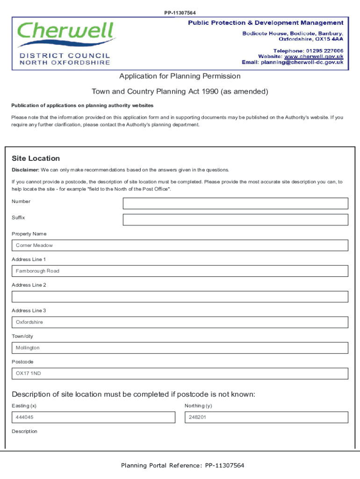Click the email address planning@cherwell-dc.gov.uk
click(302, 62)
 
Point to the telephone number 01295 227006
click(324, 51)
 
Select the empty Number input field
click(235, 203)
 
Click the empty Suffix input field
click(235, 220)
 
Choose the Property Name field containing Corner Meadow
click(180, 246)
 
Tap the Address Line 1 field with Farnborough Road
click(180, 271)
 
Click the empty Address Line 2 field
click(180, 297)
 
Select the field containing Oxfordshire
click(180, 322)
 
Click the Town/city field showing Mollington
click(180, 348)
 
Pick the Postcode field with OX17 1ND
click(180, 374)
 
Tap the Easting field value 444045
click(94, 417)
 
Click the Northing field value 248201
click(266, 417)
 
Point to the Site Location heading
click(36, 159)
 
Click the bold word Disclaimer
click(25, 170)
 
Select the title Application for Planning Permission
click(180, 76)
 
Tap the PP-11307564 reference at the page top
click(180, 13)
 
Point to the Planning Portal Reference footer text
click(182, 465)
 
